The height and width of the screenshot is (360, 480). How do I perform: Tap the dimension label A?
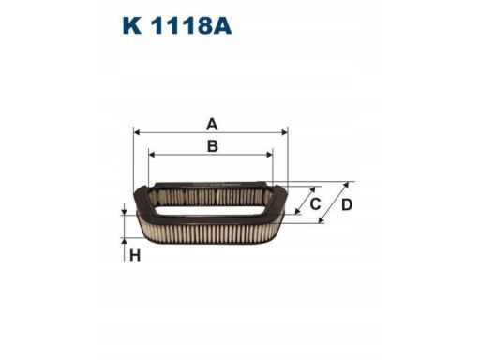coord(212,123)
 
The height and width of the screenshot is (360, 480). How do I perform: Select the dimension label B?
coord(212,145)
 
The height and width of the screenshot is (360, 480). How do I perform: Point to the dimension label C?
coord(315,203)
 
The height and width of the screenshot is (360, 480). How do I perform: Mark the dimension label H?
coord(134,257)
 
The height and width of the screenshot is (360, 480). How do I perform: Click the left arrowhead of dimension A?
coord(138,133)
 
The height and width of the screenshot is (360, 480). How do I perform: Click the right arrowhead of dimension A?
coord(284,133)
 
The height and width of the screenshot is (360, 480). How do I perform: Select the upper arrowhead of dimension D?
coord(352,185)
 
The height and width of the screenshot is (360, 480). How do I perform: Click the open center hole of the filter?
coord(211,199)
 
